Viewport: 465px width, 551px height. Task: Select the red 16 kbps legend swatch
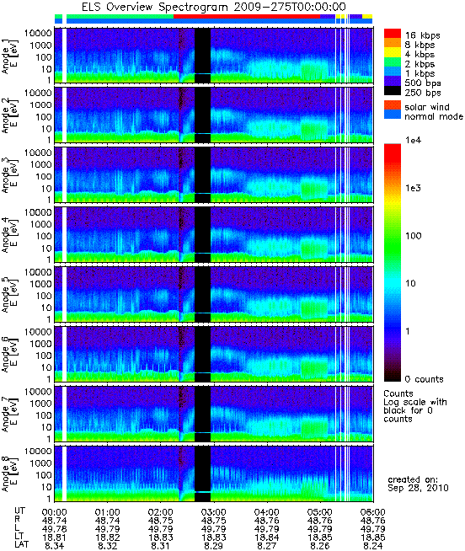point(393,34)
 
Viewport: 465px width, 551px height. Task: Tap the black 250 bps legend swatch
point(393,91)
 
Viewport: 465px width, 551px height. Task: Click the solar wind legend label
point(427,107)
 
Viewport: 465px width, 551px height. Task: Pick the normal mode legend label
point(434,116)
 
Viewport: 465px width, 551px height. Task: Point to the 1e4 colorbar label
point(414,140)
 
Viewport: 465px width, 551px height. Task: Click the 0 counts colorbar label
point(425,379)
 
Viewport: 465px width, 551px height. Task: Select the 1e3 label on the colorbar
point(414,188)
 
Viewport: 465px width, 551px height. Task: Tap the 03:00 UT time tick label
point(213,512)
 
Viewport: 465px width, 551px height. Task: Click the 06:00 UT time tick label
point(372,512)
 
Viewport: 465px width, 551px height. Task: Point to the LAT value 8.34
point(54,546)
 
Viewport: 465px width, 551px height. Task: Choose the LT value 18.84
point(266,538)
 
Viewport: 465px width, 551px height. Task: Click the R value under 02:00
point(160,521)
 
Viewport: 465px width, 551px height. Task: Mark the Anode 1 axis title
point(9,56)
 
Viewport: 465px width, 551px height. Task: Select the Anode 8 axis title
point(9,474)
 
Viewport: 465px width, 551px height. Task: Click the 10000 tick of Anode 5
point(38,272)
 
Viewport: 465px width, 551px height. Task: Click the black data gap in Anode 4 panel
point(202,234)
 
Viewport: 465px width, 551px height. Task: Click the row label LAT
point(22,546)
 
